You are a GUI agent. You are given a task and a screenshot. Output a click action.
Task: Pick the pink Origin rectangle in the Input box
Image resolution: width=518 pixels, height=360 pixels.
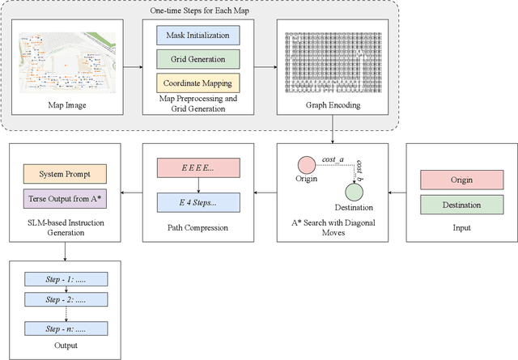point(457,180)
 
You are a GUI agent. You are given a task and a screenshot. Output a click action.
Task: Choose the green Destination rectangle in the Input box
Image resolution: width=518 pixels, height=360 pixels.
point(457,205)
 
